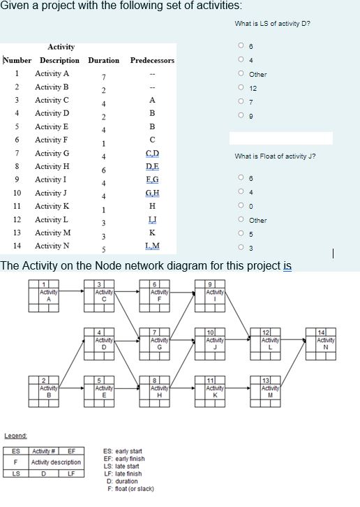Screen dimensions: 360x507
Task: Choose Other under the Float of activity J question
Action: [240, 220]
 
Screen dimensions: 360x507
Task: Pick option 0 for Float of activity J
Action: [240, 207]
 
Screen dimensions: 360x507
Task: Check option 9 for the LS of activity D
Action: [240, 114]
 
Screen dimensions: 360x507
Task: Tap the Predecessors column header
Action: [152, 60]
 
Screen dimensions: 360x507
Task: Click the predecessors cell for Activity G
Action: [152, 153]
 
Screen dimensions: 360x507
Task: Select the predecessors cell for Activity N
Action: [152, 246]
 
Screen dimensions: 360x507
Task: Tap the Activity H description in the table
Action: [52, 166]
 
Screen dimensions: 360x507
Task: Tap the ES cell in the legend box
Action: [16, 450]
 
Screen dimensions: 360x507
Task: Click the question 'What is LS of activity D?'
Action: [273, 23]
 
